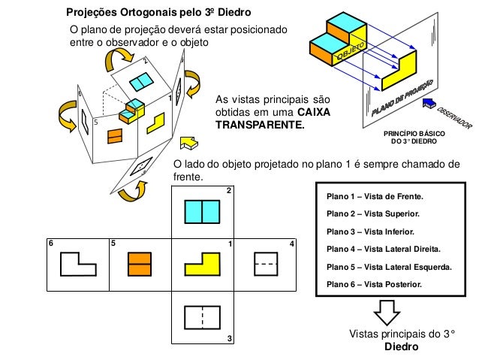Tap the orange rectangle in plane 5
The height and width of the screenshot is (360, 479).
tap(139, 265)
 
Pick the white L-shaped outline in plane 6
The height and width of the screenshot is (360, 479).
tap(77, 265)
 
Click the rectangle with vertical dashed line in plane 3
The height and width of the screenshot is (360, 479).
tap(201, 318)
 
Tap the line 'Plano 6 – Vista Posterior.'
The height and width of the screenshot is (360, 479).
tap(375, 284)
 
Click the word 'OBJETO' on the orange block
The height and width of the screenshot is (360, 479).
tap(351, 52)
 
